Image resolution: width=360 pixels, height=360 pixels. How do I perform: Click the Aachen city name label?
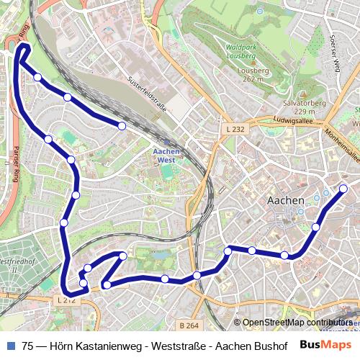286,199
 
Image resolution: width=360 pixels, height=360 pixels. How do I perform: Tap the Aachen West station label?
168,156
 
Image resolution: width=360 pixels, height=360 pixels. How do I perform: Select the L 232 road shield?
235,129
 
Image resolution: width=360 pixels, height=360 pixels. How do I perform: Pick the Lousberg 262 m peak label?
256,75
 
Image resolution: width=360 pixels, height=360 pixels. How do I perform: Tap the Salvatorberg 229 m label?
305,107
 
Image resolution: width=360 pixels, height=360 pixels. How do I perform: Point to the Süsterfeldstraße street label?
147,94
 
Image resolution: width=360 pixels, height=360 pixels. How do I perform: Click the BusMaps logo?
326,345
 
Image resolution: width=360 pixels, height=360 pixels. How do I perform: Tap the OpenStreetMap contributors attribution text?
296,323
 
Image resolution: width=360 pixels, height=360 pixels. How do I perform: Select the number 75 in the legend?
27,346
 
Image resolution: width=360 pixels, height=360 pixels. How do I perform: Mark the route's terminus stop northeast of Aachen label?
343,189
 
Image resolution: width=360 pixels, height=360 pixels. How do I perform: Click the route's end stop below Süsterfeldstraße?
122,126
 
